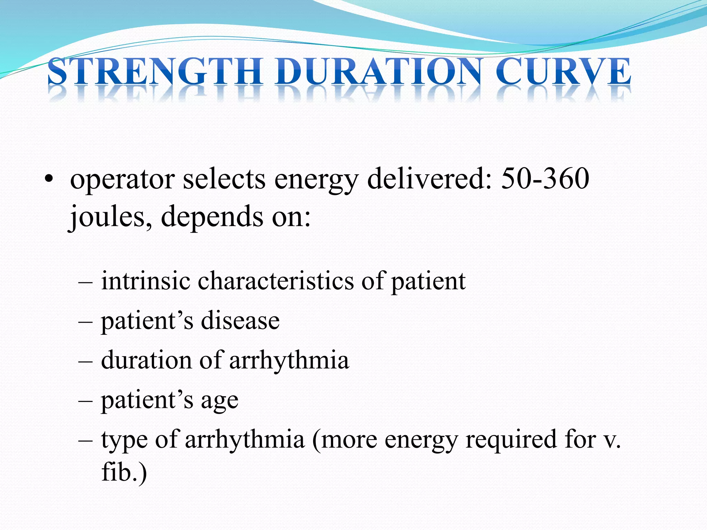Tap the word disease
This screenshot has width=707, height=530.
click(x=240, y=321)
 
